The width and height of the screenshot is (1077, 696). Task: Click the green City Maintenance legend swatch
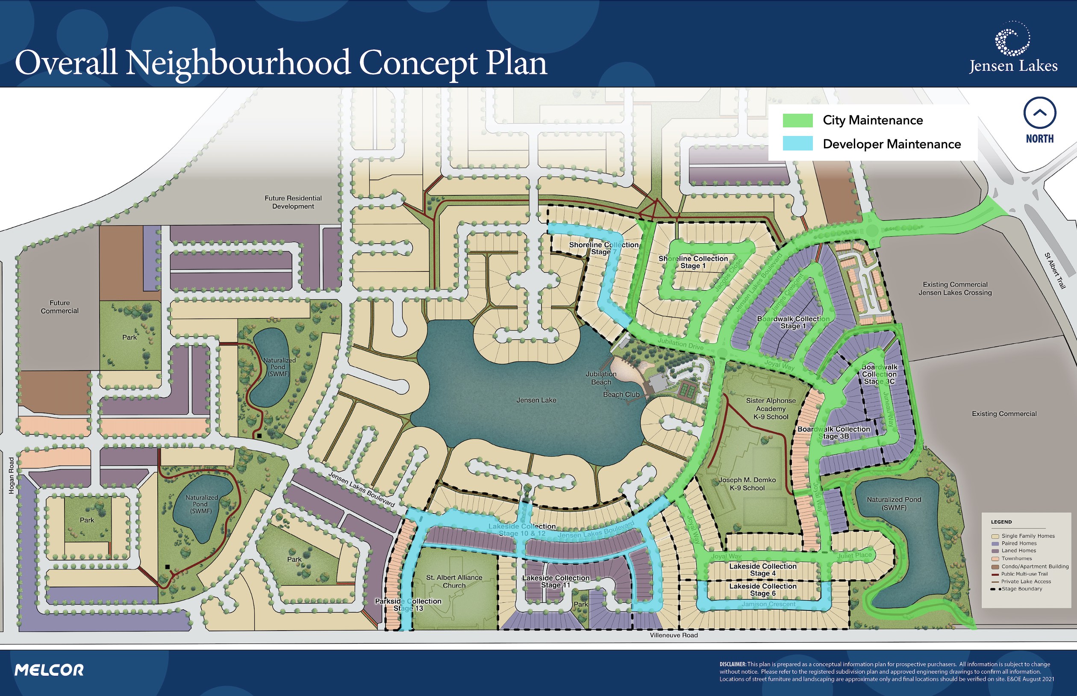tap(797, 120)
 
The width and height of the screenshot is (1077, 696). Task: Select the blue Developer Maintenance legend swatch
tap(797, 144)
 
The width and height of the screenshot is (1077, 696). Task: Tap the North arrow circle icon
tap(1039, 113)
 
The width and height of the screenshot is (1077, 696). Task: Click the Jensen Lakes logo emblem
tap(1012, 39)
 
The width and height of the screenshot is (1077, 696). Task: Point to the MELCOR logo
tap(49, 670)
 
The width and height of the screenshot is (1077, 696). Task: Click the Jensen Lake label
tap(536, 401)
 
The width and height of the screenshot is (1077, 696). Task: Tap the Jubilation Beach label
tap(601, 378)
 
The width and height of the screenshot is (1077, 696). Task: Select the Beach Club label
tap(621, 395)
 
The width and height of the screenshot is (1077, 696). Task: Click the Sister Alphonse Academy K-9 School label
tap(771, 409)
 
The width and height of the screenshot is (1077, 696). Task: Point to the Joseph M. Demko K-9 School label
tap(747, 484)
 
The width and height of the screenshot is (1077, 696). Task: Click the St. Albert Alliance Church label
tap(454, 581)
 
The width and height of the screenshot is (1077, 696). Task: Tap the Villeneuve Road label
tap(674, 635)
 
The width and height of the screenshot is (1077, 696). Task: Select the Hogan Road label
tap(12, 475)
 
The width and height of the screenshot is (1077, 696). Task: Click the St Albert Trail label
tap(1055, 271)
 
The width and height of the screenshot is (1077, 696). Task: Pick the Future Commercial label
tap(60, 307)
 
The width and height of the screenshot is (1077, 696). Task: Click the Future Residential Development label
tap(293, 202)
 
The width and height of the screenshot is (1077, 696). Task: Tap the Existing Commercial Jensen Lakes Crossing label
tap(955, 288)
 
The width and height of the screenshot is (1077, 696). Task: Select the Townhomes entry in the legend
tap(1016, 558)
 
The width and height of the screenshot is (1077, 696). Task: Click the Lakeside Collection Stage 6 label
tap(762, 590)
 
